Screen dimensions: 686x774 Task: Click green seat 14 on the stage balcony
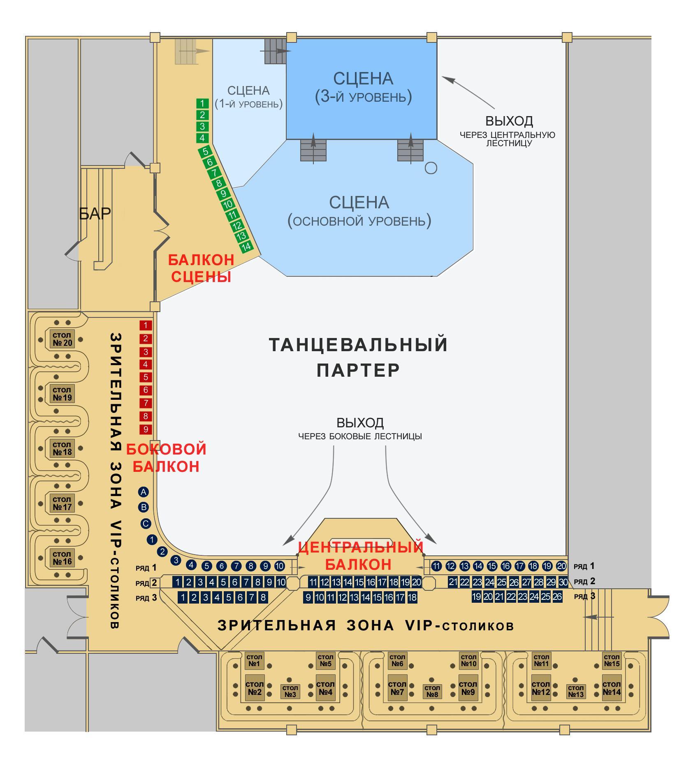(246, 247)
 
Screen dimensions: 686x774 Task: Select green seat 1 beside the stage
(202, 104)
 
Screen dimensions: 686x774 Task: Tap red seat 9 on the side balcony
(146, 429)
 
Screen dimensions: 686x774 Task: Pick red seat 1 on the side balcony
(146, 325)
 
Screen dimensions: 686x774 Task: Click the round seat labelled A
(144, 492)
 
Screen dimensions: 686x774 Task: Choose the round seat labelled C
(146, 524)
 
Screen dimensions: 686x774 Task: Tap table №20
(62, 339)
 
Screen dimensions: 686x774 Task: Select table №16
(62, 558)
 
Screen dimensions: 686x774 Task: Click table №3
(290, 691)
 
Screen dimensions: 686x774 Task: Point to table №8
(432, 691)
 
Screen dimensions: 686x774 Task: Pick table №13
(575, 691)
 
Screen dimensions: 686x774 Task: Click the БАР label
(95, 213)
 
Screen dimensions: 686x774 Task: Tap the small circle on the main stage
(431, 168)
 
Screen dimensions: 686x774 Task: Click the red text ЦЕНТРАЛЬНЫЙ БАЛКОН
(360, 555)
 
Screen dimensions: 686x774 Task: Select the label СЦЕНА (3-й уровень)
(363, 87)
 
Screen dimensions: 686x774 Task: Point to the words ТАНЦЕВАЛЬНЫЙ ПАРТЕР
(358, 357)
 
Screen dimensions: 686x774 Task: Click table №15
(612, 661)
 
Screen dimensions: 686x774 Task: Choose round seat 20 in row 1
(561, 566)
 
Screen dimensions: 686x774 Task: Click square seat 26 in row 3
(557, 597)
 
